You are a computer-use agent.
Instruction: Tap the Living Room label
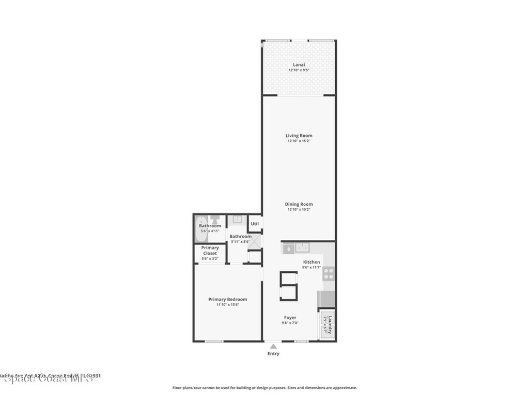[x=299, y=136]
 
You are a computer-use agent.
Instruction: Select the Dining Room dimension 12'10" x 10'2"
[x=299, y=210]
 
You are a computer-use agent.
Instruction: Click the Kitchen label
[x=312, y=262]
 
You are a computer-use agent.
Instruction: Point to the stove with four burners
[x=329, y=273]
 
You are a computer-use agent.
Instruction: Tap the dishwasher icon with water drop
[x=288, y=248]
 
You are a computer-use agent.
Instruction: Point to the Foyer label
[x=290, y=318]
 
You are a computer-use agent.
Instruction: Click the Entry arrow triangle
[x=273, y=346]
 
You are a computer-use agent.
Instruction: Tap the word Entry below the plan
[x=273, y=354]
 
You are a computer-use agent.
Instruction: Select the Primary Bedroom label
[x=227, y=299]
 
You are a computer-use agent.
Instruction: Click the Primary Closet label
[x=210, y=251]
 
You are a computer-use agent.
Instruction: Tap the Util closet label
[x=255, y=224]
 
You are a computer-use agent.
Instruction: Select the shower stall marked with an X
[x=255, y=257]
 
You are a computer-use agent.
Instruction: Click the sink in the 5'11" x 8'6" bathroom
[x=237, y=220]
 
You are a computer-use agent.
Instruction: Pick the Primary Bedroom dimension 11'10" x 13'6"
[x=227, y=305]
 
